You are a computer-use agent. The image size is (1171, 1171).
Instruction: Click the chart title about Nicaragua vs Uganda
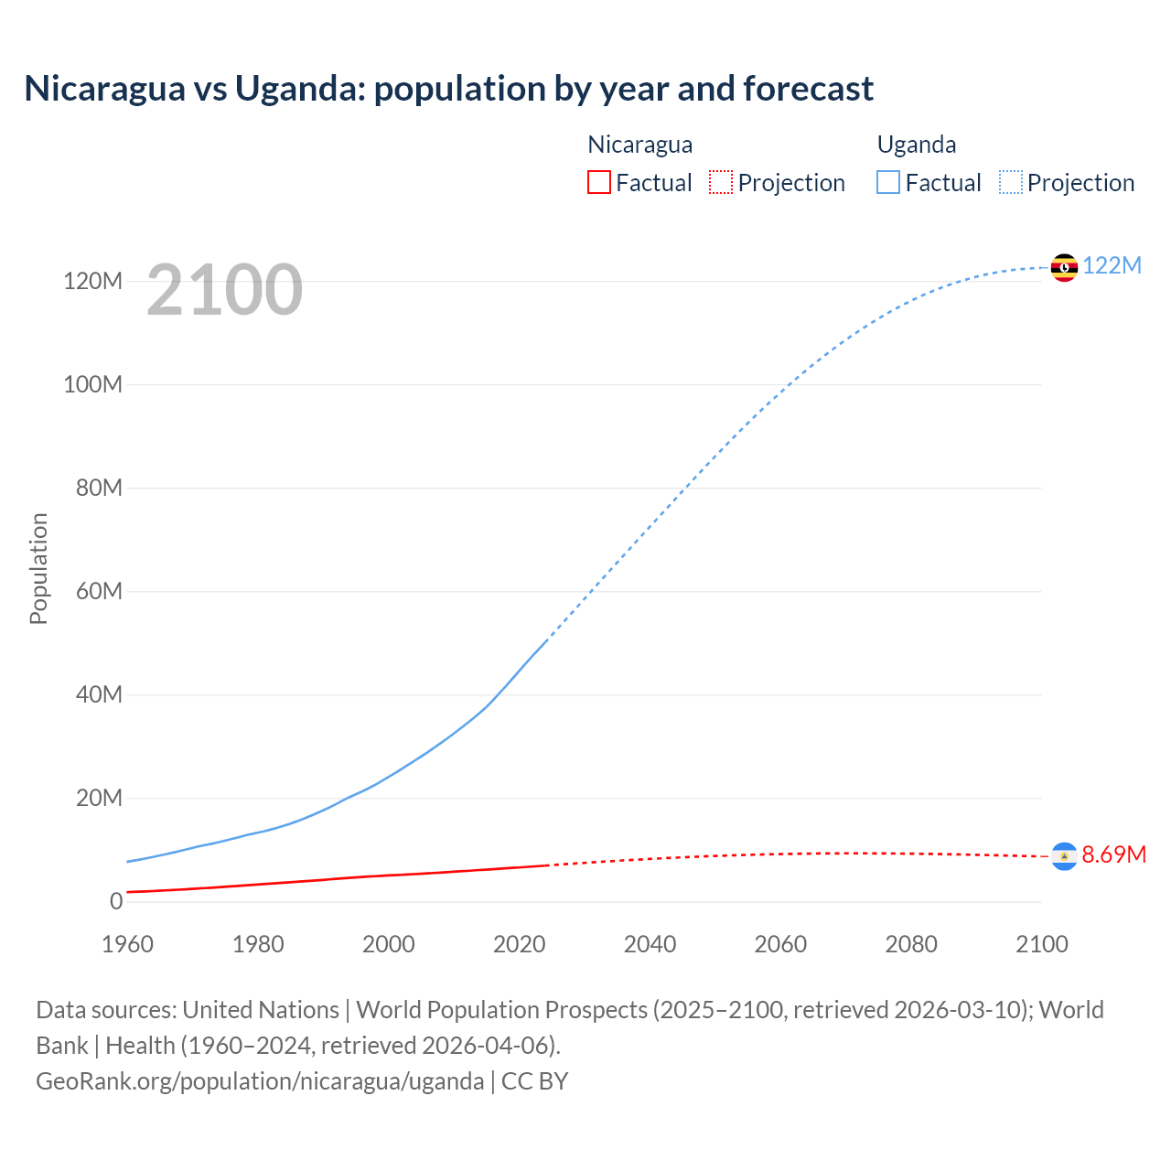click(448, 89)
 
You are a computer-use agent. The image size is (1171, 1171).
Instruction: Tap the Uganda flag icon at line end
click(1064, 267)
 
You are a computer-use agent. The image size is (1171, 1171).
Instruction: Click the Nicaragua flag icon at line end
click(1064, 855)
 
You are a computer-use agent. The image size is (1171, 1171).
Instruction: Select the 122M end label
click(1112, 265)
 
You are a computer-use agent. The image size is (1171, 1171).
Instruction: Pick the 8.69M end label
click(1113, 854)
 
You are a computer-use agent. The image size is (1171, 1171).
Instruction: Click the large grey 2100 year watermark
click(224, 290)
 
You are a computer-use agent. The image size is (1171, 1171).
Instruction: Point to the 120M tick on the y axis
click(92, 281)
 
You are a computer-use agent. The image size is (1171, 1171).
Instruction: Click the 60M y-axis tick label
click(99, 591)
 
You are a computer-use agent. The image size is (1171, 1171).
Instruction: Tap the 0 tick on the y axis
click(115, 901)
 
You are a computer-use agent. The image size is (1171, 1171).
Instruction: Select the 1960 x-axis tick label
click(127, 944)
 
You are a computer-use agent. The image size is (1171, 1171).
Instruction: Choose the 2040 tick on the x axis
click(650, 944)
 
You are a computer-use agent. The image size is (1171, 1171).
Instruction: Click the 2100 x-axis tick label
click(1041, 944)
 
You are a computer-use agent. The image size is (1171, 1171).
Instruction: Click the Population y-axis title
click(38, 568)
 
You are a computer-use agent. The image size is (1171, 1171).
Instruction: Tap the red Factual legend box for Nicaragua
click(598, 183)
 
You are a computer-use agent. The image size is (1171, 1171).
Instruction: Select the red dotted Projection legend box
click(721, 183)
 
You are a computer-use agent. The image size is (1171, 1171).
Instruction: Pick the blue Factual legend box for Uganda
click(888, 183)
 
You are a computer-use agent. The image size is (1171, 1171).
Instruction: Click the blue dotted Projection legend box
click(1011, 183)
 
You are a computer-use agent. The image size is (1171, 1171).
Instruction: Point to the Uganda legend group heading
click(916, 145)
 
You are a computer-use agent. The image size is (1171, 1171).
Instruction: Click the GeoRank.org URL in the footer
click(260, 1081)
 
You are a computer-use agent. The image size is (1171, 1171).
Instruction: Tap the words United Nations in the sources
click(261, 1010)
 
